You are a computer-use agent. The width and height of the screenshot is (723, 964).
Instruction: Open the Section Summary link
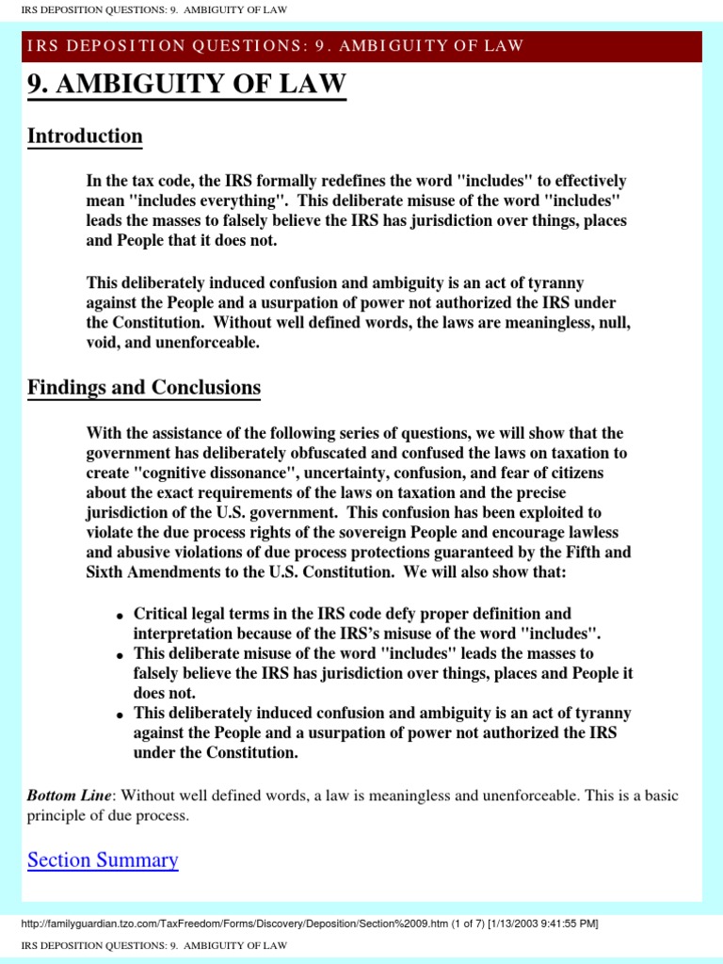(103, 860)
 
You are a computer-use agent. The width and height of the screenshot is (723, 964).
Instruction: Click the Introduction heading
(85, 136)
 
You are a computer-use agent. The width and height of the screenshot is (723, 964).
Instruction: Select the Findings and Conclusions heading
(144, 387)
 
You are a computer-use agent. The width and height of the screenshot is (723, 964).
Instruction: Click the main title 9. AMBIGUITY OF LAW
(186, 86)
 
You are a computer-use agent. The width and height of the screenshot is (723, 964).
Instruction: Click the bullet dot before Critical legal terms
(120, 616)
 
